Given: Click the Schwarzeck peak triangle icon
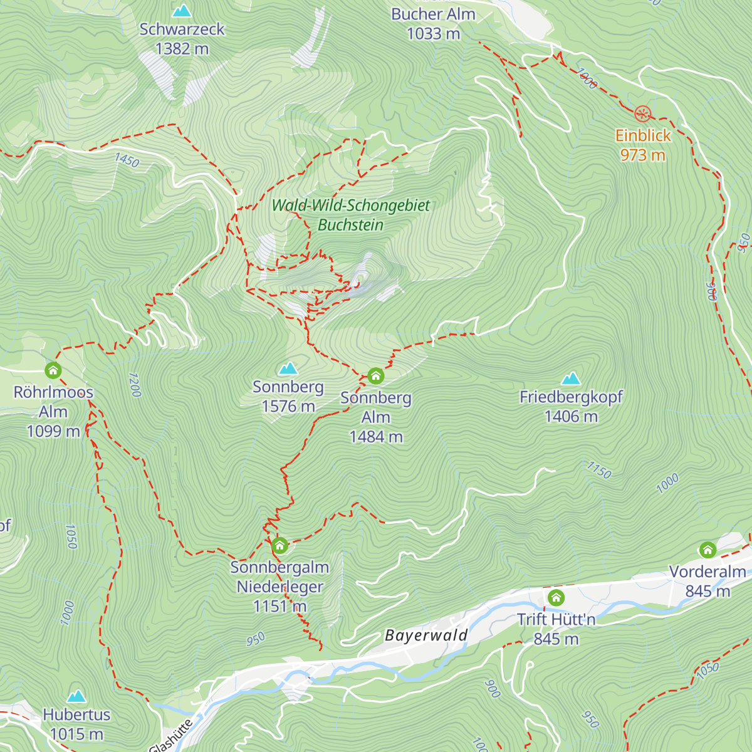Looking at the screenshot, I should (182, 11).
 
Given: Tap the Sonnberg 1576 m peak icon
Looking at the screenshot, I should (288, 368).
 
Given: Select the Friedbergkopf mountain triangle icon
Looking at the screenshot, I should (571, 378).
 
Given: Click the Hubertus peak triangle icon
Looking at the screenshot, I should (76, 696).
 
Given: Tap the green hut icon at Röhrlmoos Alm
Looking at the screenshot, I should (53, 370).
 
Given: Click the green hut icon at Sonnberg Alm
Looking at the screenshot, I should (375, 376).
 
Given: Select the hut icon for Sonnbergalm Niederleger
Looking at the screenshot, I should (279, 546).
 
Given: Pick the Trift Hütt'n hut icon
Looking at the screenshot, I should (556, 598).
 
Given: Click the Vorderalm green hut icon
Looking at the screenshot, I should (708, 551).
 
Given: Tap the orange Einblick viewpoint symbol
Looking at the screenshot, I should (642, 113).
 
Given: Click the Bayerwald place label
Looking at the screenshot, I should (426, 635).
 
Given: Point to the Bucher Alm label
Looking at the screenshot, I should (433, 14).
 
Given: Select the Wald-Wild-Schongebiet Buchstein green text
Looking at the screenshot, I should (351, 215).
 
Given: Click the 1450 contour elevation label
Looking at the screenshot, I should (127, 160).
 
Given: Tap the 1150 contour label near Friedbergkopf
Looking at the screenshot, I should (598, 470).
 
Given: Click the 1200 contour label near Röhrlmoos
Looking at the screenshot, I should (134, 385).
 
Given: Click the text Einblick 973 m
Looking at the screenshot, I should (643, 145).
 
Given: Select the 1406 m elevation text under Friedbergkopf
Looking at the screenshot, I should (571, 417).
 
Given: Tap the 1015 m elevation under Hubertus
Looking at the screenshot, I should (76, 734).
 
